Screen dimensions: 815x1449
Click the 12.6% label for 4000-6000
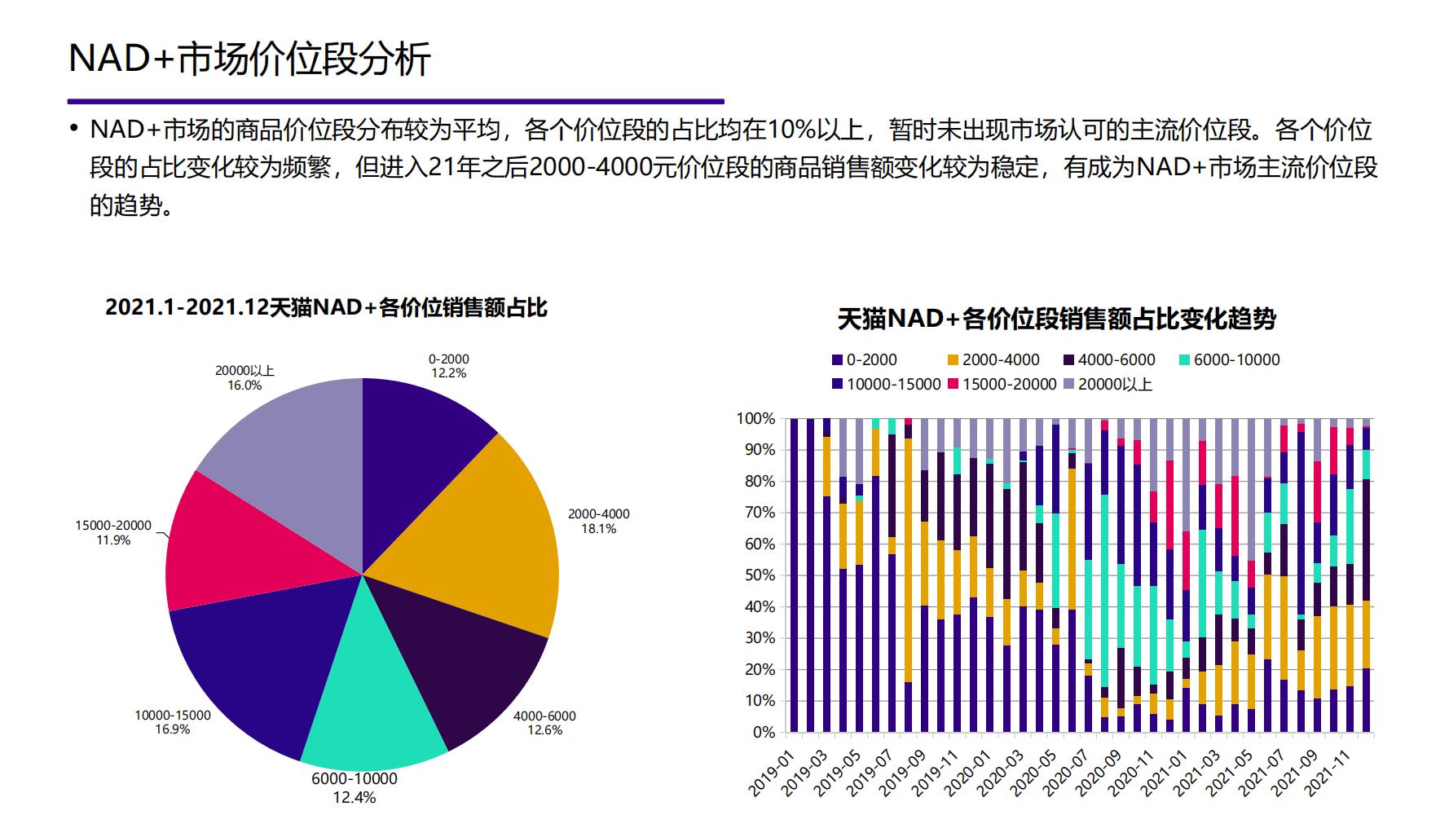coord(544,730)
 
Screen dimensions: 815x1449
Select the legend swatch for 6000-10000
coord(1184,360)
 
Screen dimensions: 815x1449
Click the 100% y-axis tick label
coord(756,419)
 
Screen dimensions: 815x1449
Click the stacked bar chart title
coord(1056,319)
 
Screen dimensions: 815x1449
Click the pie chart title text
coord(326,308)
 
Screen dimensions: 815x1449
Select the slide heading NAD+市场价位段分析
coord(249,59)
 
